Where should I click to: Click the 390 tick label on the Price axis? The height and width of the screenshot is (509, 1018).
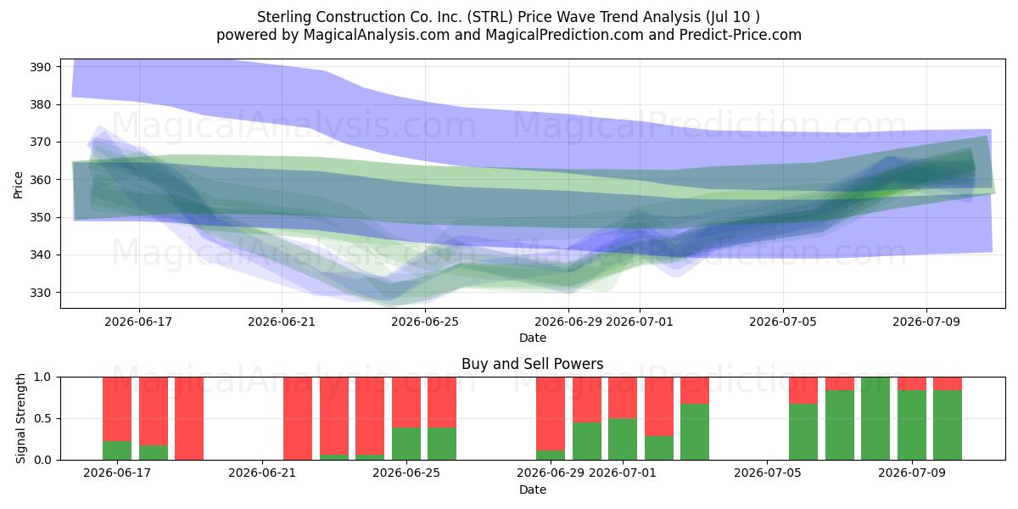[40, 67]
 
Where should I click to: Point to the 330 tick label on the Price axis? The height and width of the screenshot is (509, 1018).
[40, 293]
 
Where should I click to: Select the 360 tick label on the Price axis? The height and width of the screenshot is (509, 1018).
[40, 180]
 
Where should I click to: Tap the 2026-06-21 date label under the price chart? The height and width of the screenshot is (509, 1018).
[282, 322]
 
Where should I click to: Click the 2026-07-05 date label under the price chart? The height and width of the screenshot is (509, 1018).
[783, 322]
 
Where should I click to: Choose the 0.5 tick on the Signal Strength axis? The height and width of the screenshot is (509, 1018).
[42, 418]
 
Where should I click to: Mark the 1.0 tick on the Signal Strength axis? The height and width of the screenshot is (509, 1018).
[42, 378]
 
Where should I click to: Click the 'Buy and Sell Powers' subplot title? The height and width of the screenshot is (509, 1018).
[533, 364]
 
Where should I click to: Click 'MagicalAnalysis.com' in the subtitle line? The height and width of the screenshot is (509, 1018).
[377, 35]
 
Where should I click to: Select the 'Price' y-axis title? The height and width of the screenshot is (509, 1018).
[18, 186]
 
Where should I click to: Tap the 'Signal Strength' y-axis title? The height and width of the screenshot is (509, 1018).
[20, 418]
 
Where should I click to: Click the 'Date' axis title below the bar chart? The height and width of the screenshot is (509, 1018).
[533, 490]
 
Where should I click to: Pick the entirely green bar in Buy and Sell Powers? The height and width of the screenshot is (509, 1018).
[875, 418]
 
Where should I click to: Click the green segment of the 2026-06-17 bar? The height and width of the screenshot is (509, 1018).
[117, 450]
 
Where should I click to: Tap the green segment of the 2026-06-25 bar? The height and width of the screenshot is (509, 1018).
[406, 444]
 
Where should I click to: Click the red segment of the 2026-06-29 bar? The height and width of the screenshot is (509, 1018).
[551, 414]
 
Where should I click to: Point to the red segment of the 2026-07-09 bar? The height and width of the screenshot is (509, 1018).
[912, 383]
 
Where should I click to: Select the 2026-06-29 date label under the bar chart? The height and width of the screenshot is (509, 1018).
[551, 473]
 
